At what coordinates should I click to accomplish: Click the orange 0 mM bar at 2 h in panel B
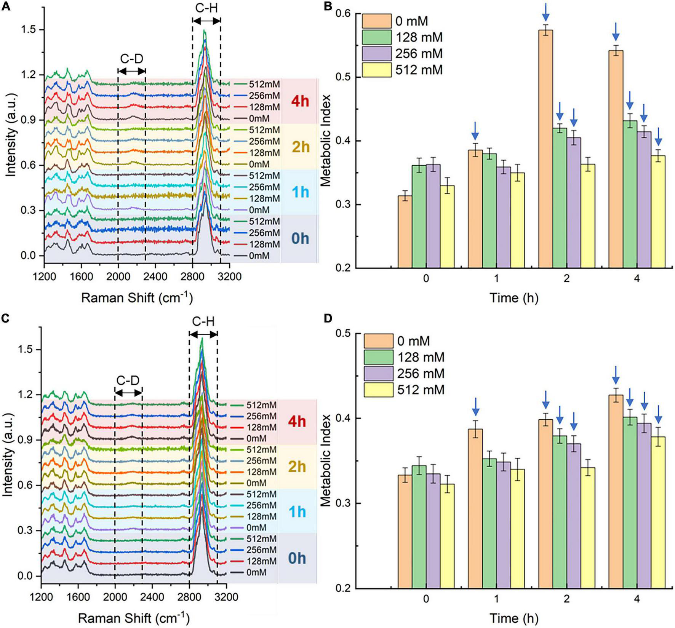pyautogui.click(x=545, y=149)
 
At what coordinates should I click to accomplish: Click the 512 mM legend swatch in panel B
pyautogui.click(x=376, y=70)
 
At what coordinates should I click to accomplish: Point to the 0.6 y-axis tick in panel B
pyautogui.click(x=346, y=14)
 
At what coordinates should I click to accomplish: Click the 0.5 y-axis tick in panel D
pyautogui.click(x=346, y=334)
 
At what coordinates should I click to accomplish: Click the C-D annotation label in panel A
pyautogui.click(x=131, y=59)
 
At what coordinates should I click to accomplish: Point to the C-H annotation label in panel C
pyautogui.click(x=203, y=322)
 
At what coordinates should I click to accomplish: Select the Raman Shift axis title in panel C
pyautogui.click(x=135, y=617)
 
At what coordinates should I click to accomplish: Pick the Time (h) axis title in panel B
pyautogui.click(x=513, y=298)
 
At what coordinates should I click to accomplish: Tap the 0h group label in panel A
pyautogui.click(x=300, y=239)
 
